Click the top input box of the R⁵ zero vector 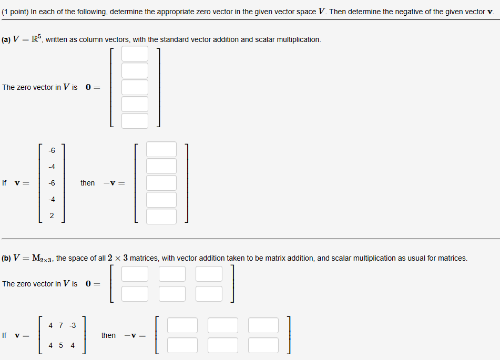[x=135, y=54]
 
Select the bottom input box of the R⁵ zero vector [x=135, y=121]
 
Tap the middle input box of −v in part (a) [x=161, y=183]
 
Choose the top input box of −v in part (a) [x=161, y=149]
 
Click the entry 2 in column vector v [x=52, y=216]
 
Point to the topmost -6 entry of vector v [x=52, y=150]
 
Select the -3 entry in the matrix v [x=72, y=325]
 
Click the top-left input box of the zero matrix [x=135, y=274]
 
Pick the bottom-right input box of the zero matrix [x=209, y=294]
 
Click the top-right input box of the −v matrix [x=263, y=325]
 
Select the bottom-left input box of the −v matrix [x=182, y=345]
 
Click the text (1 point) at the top [x=15, y=12]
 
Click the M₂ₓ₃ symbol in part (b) [x=42, y=258]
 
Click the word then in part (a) [x=88, y=183]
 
